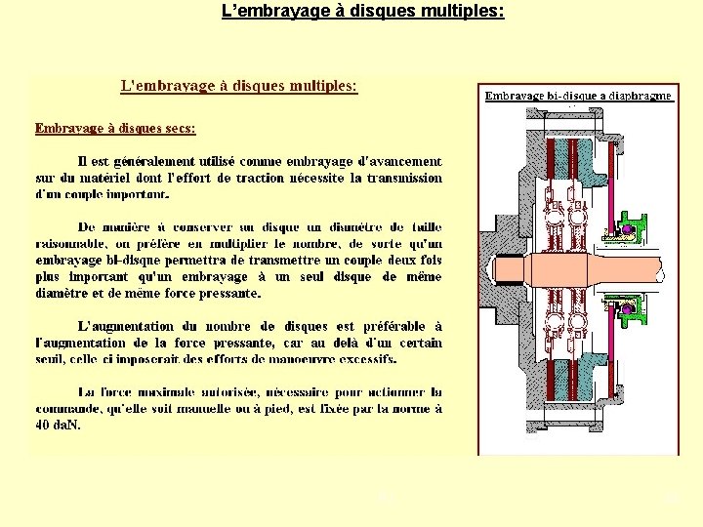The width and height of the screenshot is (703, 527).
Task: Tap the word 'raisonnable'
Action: [x=73, y=244]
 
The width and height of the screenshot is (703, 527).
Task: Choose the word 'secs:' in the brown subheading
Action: [x=177, y=128]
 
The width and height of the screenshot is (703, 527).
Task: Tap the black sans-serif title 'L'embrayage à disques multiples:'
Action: [x=363, y=13]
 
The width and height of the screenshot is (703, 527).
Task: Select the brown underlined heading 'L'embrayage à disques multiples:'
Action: [x=238, y=86]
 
